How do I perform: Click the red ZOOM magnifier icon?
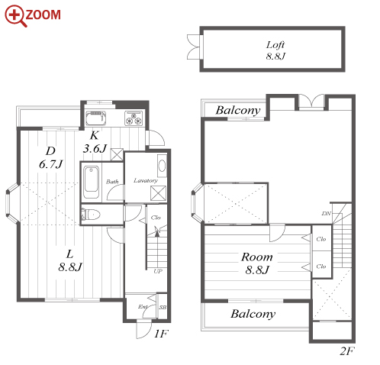[15, 16]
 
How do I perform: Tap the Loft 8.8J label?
[275, 50]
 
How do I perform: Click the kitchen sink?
[95, 118]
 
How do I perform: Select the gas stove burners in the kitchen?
[134, 118]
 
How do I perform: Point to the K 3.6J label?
[95, 142]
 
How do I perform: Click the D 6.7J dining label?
[51, 158]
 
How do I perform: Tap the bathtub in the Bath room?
[91, 182]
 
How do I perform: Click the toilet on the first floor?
[91, 215]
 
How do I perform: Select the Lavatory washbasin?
[162, 166]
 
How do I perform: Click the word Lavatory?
[146, 180]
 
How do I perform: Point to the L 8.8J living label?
[70, 260]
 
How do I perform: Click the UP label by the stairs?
[158, 271]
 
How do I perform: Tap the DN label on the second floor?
[326, 213]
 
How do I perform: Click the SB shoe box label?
[163, 307]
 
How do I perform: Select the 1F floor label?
[162, 334]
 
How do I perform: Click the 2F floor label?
[347, 351]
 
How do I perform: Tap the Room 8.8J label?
[257, 263]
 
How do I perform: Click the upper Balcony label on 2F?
[238, 111]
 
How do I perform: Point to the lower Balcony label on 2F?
[253, 314]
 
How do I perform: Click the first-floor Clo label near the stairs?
[156, 218]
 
